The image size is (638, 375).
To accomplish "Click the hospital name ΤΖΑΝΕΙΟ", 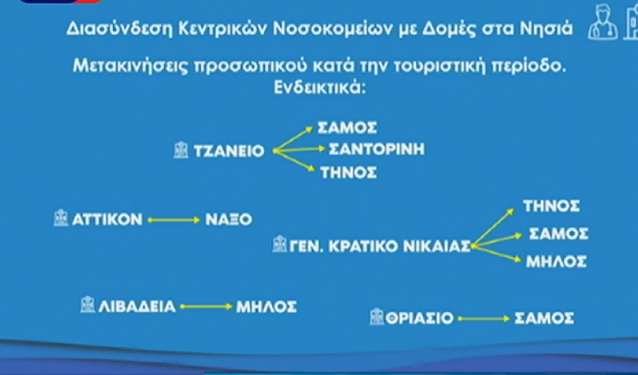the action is click(229, 151).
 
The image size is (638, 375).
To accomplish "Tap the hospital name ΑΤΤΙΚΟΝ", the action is click(108, 220).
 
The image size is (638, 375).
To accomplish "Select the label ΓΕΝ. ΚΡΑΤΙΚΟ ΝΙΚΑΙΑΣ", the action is click(379, 246).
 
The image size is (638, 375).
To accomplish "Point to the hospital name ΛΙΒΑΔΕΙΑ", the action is click(137, 306).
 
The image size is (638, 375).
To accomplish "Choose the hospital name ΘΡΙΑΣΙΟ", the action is click(419, 317).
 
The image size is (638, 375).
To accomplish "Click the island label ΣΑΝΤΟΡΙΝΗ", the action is click(377, 150).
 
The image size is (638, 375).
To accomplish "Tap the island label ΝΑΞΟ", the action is click(228, 220).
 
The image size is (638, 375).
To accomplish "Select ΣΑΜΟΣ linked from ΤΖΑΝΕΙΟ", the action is click(347, 128).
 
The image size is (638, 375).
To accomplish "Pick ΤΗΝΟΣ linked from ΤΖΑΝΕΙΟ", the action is click(349, 173).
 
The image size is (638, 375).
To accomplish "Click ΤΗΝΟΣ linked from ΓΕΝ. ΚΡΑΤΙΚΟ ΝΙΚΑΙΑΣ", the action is click(552, 206).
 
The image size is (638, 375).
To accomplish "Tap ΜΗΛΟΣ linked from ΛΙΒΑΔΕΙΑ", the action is click(266, 307).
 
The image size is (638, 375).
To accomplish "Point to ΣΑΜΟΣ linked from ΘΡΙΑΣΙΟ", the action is click(544, 317).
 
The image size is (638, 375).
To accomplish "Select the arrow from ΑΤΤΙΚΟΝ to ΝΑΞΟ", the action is click(174, 220).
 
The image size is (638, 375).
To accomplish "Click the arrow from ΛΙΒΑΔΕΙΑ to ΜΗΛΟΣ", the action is click(206, 307).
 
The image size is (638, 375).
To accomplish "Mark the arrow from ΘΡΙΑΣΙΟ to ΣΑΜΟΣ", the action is click(484, 319).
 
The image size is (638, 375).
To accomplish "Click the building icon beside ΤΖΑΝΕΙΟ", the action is click(181, 150).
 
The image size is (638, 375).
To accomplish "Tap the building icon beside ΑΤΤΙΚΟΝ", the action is click(60, 218).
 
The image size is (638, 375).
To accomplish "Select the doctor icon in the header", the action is click(603, 22).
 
